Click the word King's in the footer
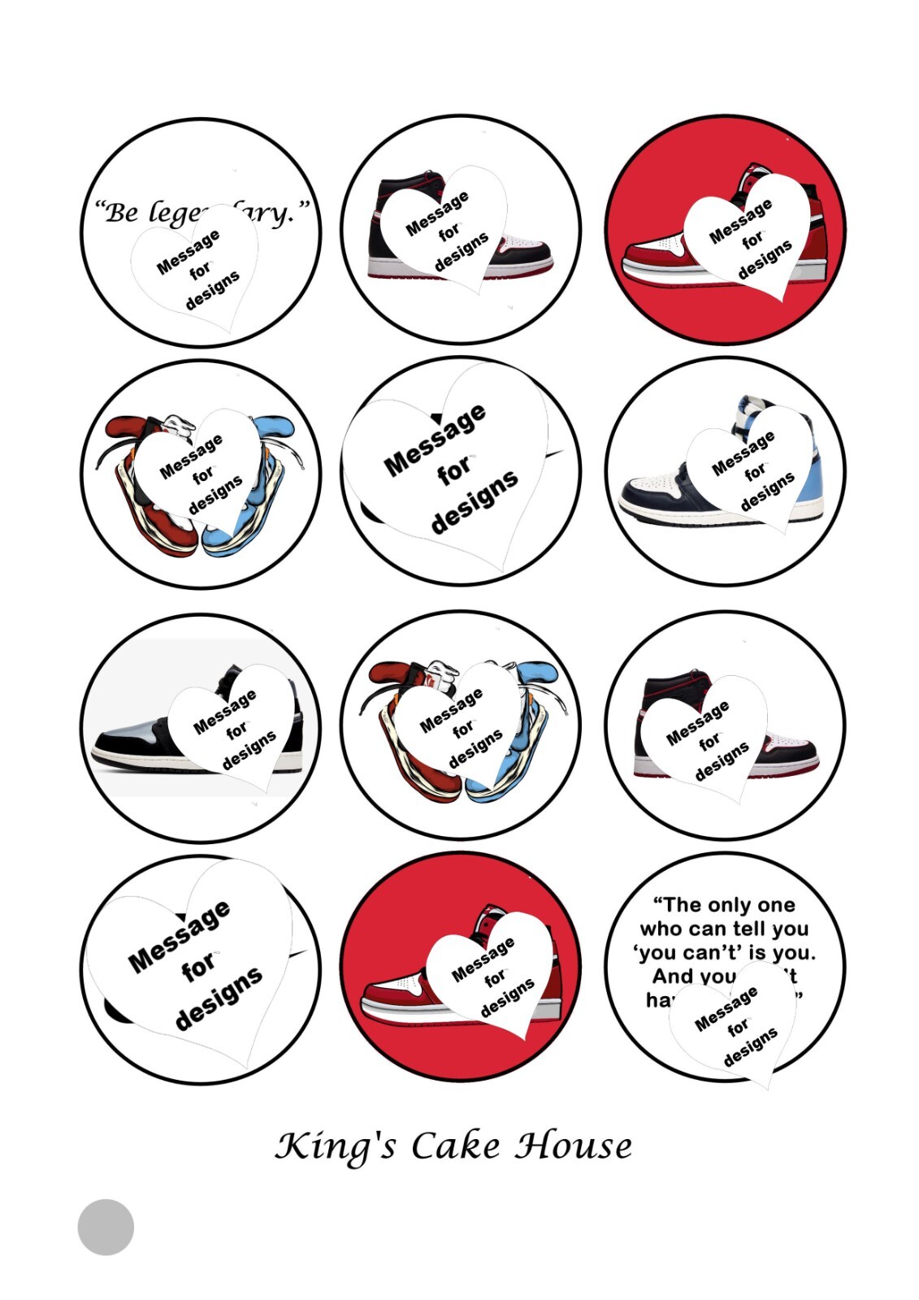(x=336, y=1146)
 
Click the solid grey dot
(x=106, y=1227)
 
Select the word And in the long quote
(x=672, y=976)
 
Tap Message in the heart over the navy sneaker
(x=743, y=453)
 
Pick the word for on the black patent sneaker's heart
(x=236, y=731)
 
